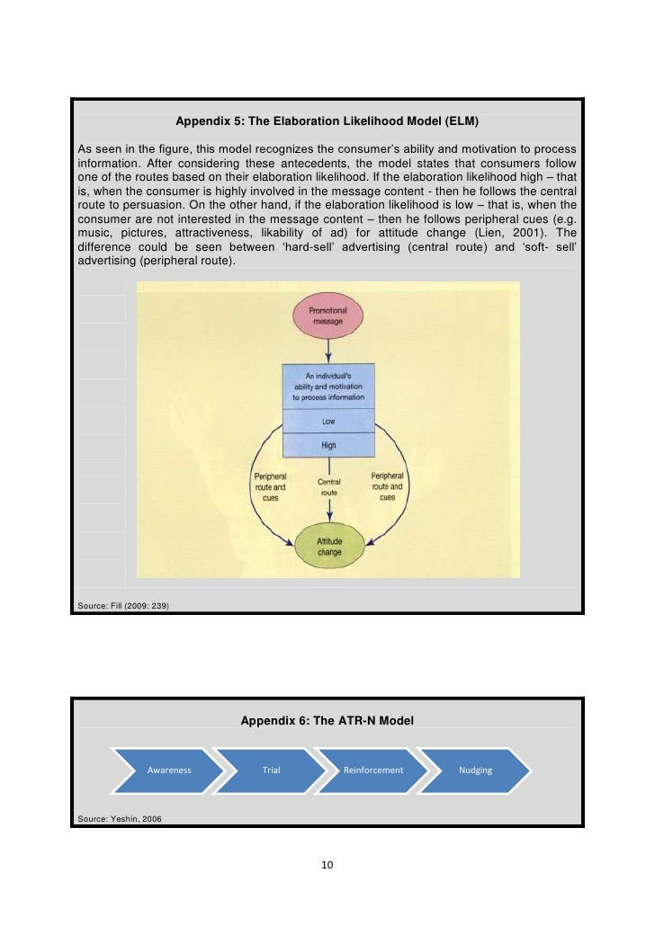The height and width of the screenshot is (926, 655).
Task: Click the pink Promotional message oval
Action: [328, 317]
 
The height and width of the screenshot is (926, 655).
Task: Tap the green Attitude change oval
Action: [329, 546]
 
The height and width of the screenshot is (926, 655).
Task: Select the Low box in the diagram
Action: [328, 421]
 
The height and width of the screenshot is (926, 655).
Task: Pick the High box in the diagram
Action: [328, 445]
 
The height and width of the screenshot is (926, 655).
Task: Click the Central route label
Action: [328, 487]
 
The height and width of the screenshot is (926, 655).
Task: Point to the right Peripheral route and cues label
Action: [387, 486]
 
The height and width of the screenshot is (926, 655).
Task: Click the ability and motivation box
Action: [328, 387]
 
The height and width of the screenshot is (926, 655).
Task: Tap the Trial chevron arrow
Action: [272, 770]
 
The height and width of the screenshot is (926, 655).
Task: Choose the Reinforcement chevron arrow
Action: [373, 770]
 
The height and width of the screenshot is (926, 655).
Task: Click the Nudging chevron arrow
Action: [475, 770]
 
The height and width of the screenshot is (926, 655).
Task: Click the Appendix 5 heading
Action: [327, 120]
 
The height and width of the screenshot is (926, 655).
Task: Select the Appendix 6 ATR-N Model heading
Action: [327, 720]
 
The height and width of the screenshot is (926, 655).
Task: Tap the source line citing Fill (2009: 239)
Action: [121, 605]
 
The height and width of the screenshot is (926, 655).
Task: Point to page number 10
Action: [327, 866]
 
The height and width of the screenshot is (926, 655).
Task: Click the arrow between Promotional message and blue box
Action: [328, 351]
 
